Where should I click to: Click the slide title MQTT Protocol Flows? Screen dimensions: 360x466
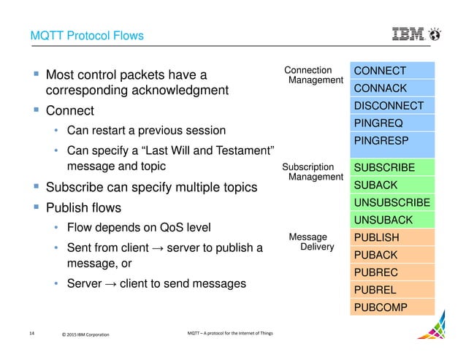coord(86,35)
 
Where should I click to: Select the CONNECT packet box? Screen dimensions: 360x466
coord(392,71)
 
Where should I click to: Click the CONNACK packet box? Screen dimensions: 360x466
coord(392,88)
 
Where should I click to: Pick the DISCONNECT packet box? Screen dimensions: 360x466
coord(392,106)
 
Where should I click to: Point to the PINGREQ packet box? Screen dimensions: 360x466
coord(392,123)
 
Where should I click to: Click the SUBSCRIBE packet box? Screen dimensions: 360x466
coord(392,168)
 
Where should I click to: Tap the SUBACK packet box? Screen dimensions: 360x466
coord(392,185)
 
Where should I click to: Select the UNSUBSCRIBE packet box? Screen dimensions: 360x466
coord(392,203)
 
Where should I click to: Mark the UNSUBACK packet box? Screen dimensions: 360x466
coord(392,220)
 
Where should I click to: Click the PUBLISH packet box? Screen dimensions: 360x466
coord(392,237)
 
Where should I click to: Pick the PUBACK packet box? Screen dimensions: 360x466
coord(392,255)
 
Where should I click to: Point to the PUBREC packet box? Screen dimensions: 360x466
coord(392,272)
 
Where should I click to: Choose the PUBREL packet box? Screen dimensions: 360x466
coord(392,290)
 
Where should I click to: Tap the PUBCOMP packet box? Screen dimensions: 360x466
coord(392,307)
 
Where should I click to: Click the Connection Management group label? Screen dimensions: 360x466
coord(313,75)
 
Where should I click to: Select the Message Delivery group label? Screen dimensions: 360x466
coord(313,242)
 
